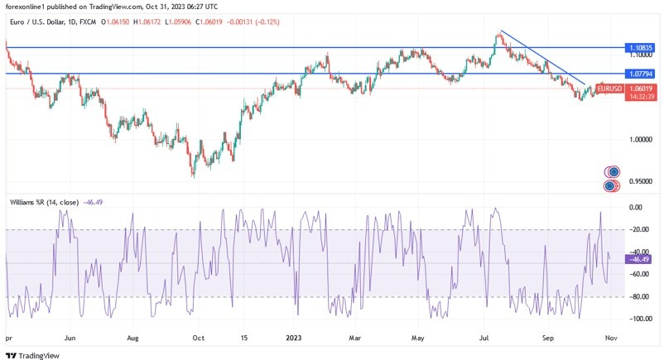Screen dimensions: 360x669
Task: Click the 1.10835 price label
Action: click(641, 48)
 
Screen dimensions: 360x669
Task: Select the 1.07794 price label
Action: click(641, 74)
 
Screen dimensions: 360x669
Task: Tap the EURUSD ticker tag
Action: click(609, 88)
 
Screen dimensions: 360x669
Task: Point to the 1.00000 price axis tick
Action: click(641, 140)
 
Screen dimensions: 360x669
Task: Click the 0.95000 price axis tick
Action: click(641, 181)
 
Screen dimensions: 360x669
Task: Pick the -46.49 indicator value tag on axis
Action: click(640, 259)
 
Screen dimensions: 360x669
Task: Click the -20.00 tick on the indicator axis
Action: click(638, 230)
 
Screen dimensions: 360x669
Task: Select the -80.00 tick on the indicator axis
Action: click(638, 296)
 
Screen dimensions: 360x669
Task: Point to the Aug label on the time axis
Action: click(132, 338)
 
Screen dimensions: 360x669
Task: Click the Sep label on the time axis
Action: click(547, 338)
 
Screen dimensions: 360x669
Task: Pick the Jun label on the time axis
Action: click(70, 338)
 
